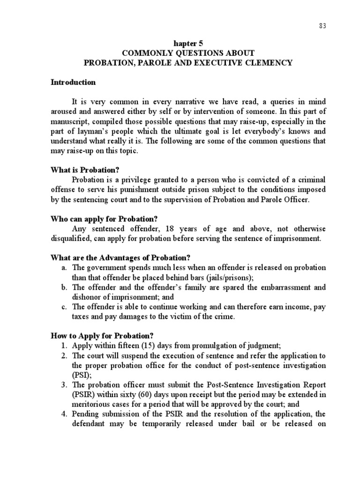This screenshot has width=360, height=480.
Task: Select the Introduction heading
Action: [73, 82]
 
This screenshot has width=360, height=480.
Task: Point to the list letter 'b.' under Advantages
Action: [65, 287]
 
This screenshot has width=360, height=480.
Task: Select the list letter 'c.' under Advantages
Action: [65, 307]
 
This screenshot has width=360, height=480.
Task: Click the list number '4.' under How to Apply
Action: [65, 414]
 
